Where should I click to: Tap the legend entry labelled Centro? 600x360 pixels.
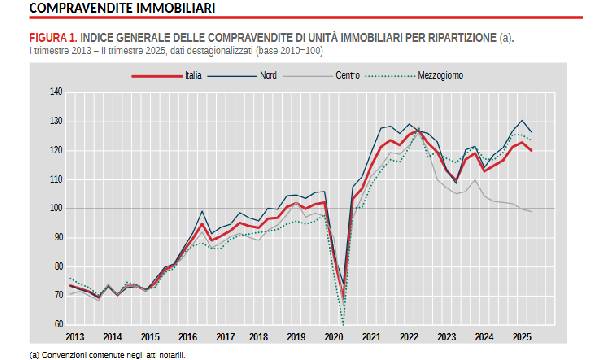pyautogui.click(x=347, y=74)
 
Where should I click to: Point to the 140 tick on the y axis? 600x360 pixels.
pyautogui.click(x=55, y=92)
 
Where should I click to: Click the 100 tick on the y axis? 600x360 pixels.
pyautogui.click(x=55, y=208)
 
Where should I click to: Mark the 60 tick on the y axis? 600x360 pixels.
pyautogui.click(x=57, y=324)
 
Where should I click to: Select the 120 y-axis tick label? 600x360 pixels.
pyautogui.click(x=55, y=150)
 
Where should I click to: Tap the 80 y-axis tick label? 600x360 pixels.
pyautogui.click(x=57, y=266)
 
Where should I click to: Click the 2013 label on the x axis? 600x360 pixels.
pyautogui.click(x=75, y=337)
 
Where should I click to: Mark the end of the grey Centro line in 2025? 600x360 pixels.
pyautogui.click(x=530, y=211)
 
